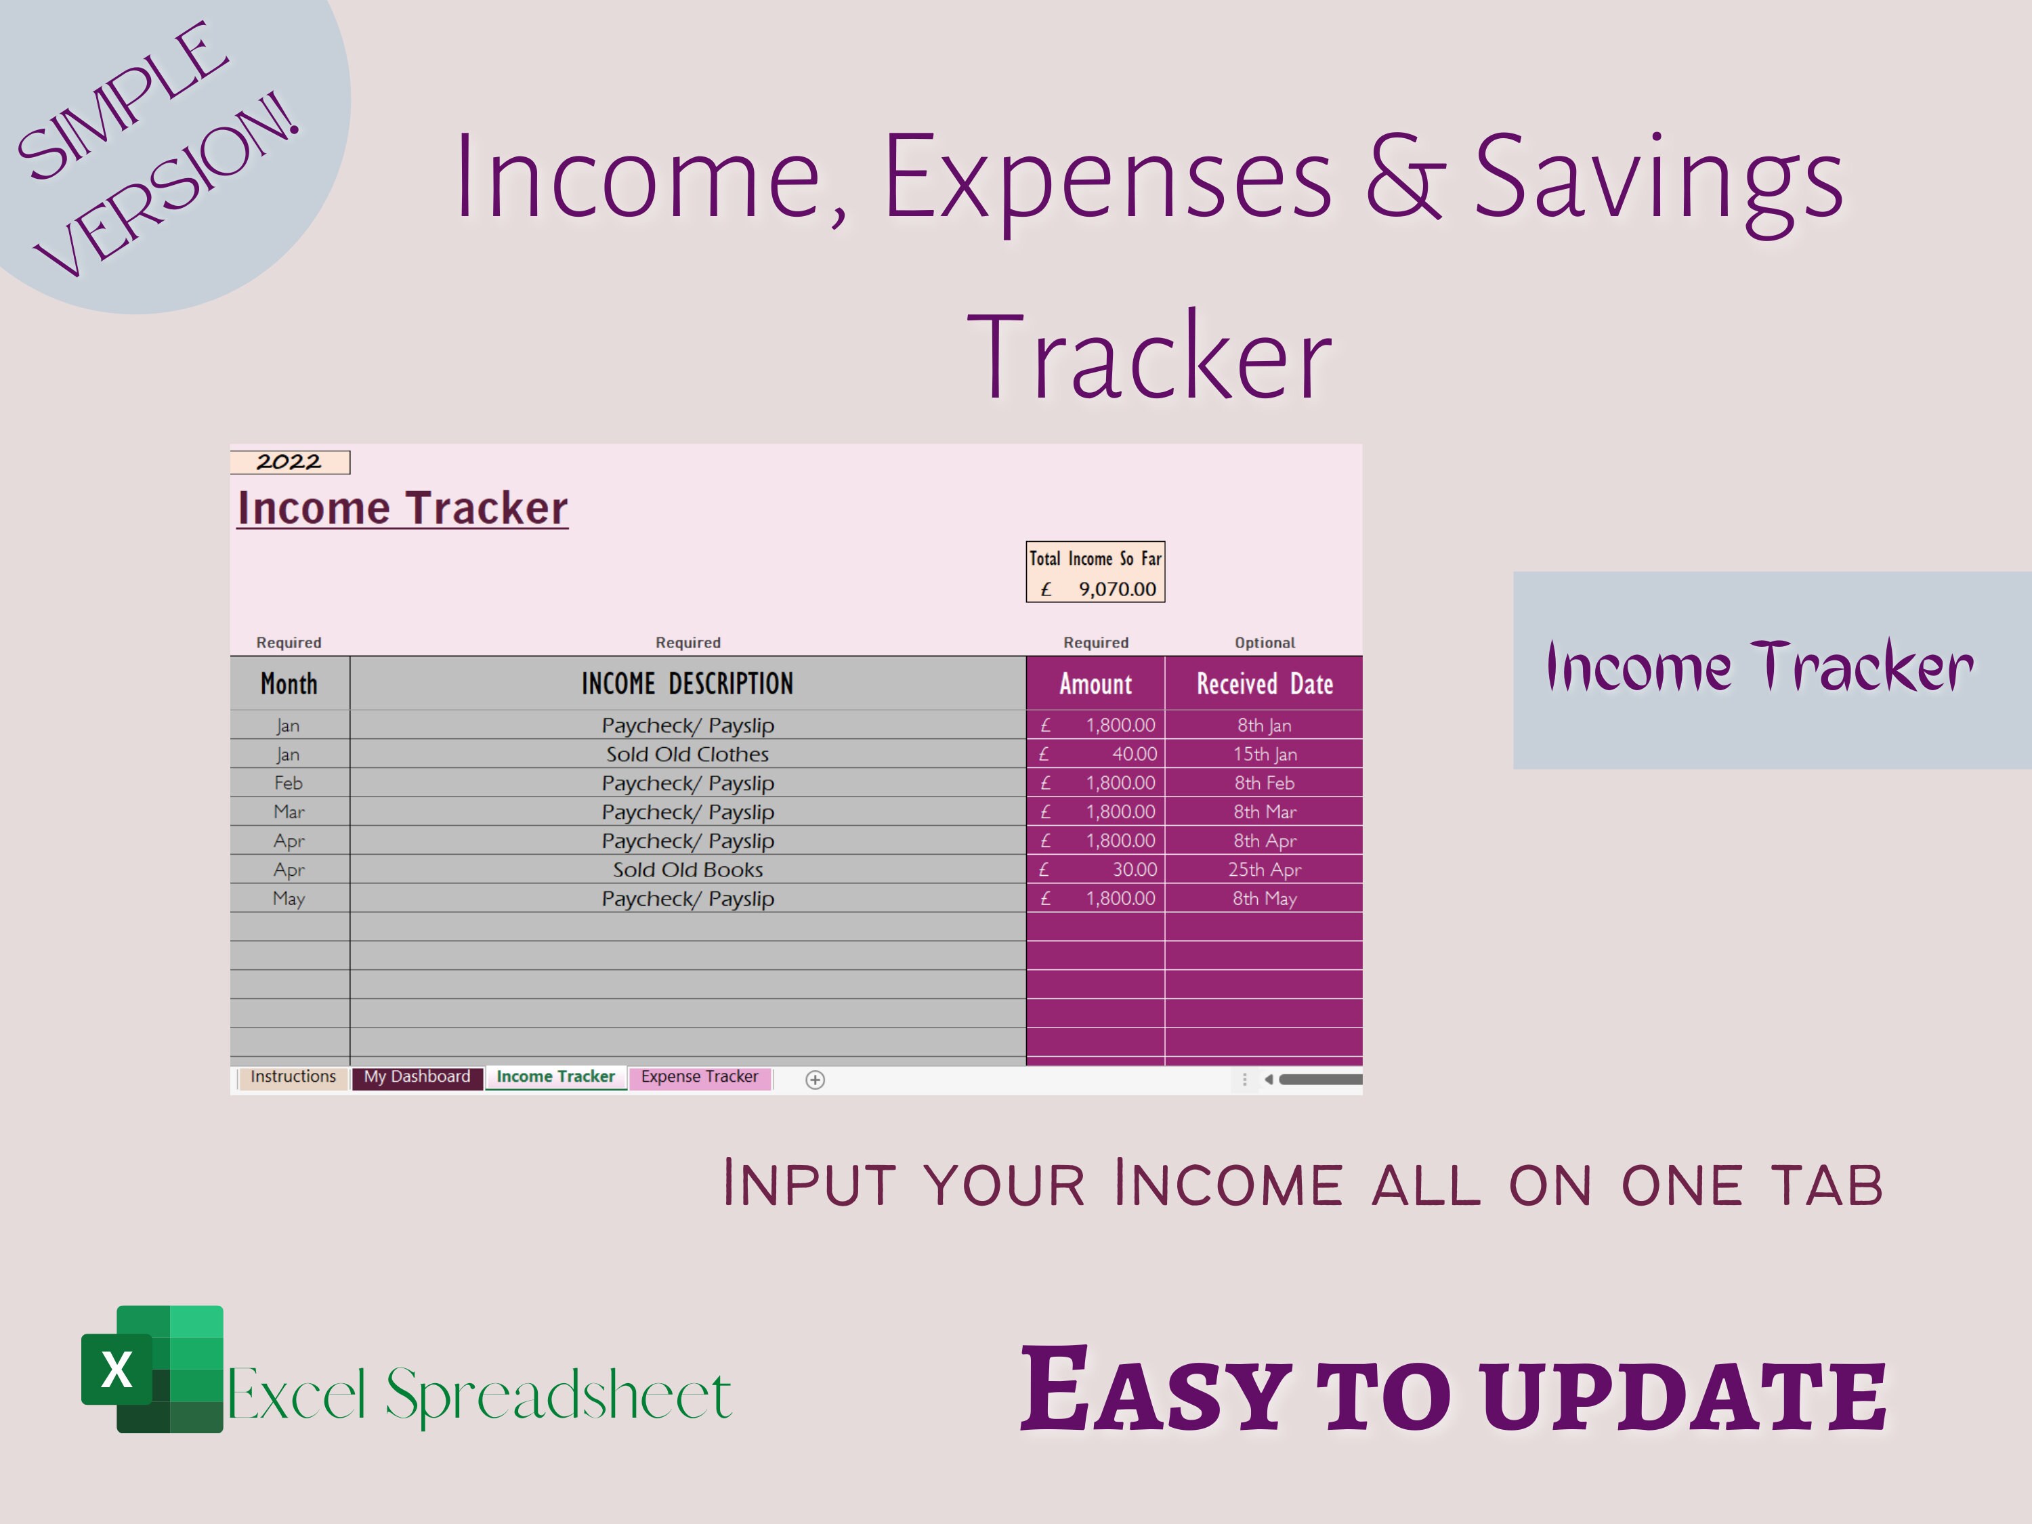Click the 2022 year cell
tap(289, 462)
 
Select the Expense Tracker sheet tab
tap(700, 1077)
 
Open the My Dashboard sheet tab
tap(417, 1077)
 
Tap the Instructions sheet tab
tap(293, 1077)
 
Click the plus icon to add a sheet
tap(815, 1080)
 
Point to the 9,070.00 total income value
tap(1116, 589)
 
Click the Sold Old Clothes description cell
tap(687, 754)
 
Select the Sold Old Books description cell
tap(687, 870)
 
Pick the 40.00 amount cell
tap(1134, 754)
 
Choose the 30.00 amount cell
tap(1134, 870)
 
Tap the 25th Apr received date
tap(1264, 870)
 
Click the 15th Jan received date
tap(1264, 754)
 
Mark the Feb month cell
tap(289, 783)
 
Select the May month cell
tap(289, 898)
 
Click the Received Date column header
tap(1264, 684)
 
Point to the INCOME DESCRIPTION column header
tap(687, 684)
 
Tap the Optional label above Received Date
tap(1264, 643)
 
